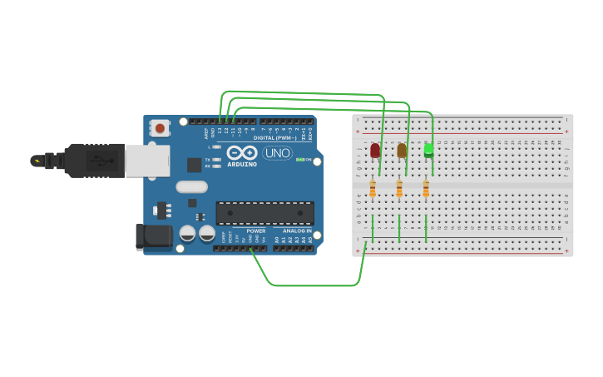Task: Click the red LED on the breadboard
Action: pos(375,150)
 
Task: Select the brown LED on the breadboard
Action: pos(402,150)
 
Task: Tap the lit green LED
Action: pos(428,150)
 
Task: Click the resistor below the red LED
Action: pos(373,190)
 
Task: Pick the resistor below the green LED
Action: pos(426,190)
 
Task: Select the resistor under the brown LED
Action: pos(399,190)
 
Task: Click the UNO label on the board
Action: pos(277,153)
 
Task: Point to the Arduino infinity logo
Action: pos(241,153)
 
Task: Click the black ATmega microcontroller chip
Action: pos(264,213)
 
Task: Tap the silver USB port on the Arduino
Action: pos(147,161)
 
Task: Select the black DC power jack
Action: pos(153,236)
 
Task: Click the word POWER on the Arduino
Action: pos(256,231)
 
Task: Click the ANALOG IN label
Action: pos(296,231)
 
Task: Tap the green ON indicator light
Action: pos(299,160)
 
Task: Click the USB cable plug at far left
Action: pos(83,160)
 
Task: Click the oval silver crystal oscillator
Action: pos(191,187)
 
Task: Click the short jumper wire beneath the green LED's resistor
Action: pos(426,228)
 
